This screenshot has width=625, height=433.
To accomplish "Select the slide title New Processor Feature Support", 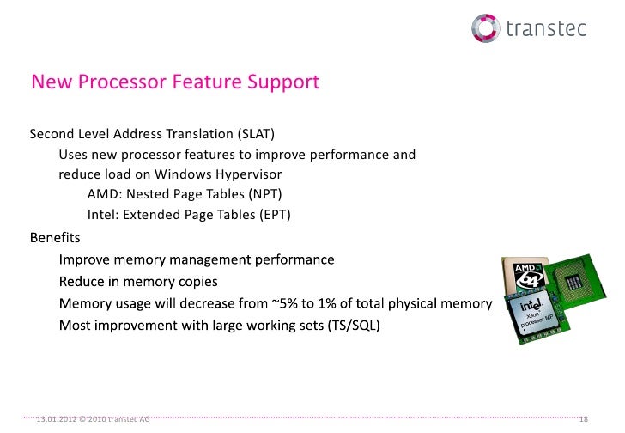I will (x=175, y=82).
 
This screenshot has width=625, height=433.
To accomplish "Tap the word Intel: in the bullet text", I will (x=103, y=215).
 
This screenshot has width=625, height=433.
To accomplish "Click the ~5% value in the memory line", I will (x=288, y=303).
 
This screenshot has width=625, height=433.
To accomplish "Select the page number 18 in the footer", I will (x=584, y=418).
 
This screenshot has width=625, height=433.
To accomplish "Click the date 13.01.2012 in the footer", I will (x=56, y=418).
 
